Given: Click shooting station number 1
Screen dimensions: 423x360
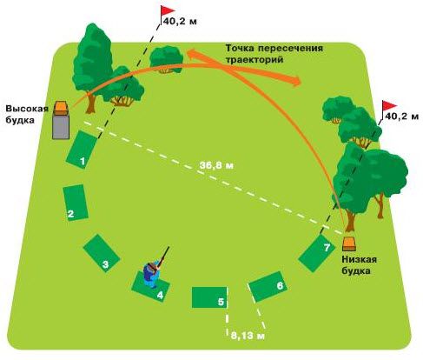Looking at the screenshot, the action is tap(81, 150).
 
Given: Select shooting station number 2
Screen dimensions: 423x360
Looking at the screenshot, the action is tap(76, 203).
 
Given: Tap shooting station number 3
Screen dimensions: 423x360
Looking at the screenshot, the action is tap(102, 253).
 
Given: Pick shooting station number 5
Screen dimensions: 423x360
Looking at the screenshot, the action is tap(209, 297).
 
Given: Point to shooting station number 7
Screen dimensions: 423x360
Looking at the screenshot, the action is tap(316, 253).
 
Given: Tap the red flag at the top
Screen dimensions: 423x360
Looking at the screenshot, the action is tap(168, 11).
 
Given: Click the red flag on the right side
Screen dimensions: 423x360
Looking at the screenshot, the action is tap(389, 106).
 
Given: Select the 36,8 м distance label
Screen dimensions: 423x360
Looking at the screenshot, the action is tap(216, 165).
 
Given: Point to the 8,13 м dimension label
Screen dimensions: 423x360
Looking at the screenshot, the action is tap(248, 337).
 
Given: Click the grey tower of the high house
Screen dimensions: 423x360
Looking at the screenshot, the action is tap(61, 128).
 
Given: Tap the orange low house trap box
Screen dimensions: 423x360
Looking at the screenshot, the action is tap(349, 244).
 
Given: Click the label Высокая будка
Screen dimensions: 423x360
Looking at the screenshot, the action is tap(27, 114).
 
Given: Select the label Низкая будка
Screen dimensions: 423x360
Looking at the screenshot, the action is tap(359, 265).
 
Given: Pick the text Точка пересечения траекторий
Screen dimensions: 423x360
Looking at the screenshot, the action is tap(274, 54).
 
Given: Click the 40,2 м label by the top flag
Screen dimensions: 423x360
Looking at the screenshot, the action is tap(180, 22).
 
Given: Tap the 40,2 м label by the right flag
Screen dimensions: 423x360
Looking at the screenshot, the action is tap(401, 117).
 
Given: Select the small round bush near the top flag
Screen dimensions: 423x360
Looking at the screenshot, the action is tap(166, 59).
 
